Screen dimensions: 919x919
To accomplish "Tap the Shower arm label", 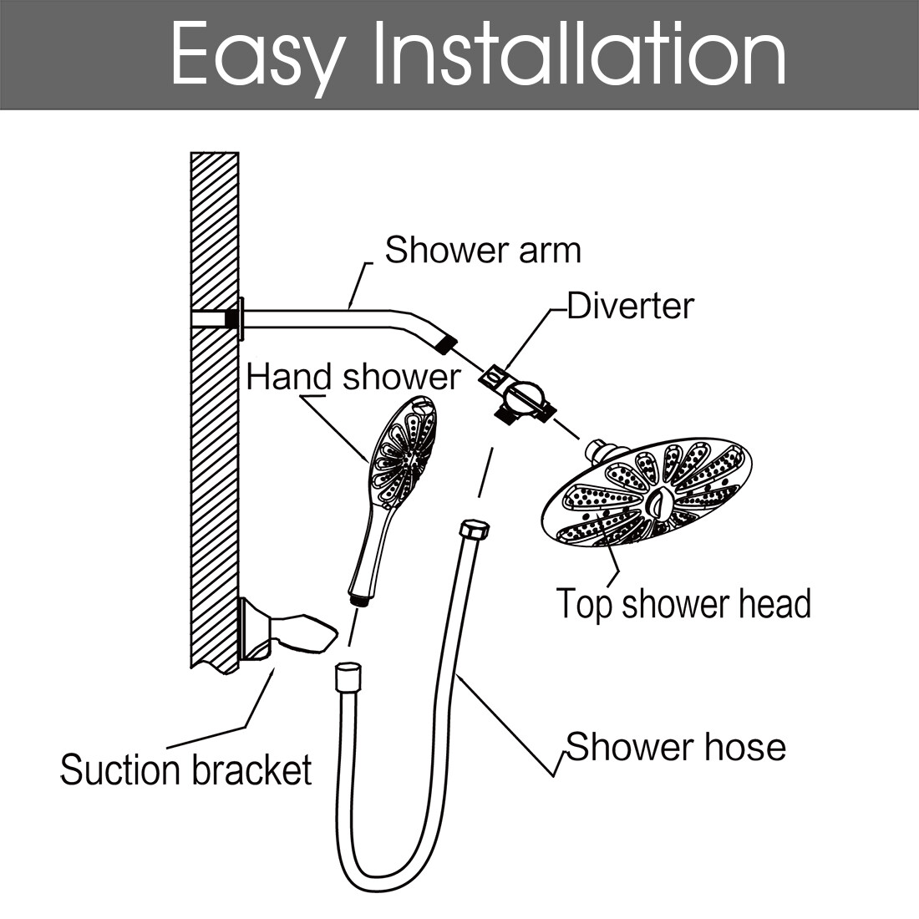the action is (483, 251).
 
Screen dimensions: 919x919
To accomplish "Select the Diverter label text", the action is (631, 306).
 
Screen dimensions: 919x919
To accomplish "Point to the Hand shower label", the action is (353, 377).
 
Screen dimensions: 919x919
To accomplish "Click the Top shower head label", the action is (683, 603).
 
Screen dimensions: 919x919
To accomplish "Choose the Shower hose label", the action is (676, 747).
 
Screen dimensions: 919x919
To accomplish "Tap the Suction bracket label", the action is (185, 769).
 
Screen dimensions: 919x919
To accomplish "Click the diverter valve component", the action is (518, 396).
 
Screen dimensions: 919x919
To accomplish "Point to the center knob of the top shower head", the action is (658, 502).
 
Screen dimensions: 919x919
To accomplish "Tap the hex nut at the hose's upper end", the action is (475, 529).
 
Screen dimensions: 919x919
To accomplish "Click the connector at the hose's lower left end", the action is (348, 677).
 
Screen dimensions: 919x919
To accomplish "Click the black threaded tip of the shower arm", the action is (444, 344).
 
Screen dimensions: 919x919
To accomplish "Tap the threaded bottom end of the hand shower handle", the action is (358, 600).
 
